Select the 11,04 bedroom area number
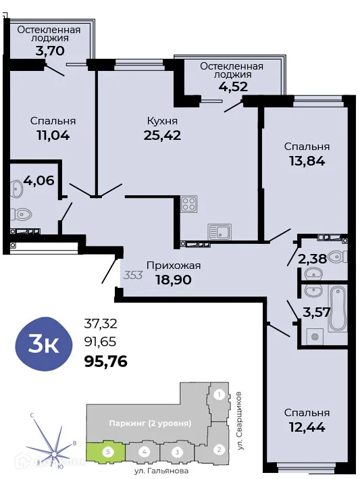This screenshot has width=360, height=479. tap(53, 134)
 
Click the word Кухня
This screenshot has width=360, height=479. tap(162, 121)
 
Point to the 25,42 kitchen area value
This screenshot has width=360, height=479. tap(162, 134)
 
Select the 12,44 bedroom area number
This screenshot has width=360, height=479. tap(307, 426)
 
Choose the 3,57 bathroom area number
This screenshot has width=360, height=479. tap(316, 312)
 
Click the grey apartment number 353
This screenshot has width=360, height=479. tap(133, 275)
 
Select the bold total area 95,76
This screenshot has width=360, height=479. tap(105, 361)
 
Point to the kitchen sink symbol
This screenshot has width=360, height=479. tap(220, 232)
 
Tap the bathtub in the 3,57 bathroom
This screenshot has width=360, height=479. tap(338, 309)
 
